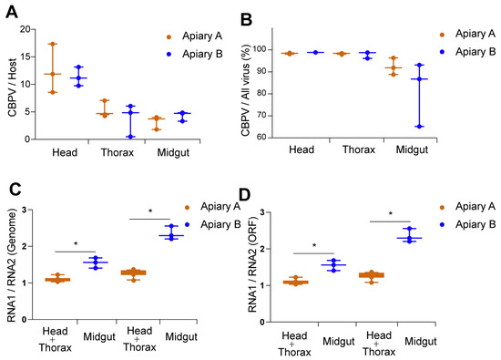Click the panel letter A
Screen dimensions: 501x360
(12, 13)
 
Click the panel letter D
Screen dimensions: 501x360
(244, 195)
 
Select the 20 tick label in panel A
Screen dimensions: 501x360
(26, 29)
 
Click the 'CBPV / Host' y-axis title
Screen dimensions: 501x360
(12, 87)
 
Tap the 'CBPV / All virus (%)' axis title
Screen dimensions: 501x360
(245, 90)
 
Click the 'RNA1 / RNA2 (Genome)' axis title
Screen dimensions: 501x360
(12, 265)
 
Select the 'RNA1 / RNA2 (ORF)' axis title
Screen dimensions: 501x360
(252, 264)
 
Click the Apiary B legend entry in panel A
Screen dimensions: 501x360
(195, 54)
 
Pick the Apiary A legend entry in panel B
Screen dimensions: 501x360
(468, 34)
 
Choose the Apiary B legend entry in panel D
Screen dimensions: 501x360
(468, 224)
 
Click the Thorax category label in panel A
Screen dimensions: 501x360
(118, 152)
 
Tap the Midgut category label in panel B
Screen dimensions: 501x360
(412, 149)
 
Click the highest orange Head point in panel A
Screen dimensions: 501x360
(53, 44)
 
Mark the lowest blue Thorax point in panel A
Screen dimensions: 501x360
(130, 137)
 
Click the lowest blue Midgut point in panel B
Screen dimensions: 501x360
(420, 127)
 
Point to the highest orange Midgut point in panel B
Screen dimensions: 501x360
(394, 58)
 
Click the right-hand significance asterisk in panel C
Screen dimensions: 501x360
(150, 211)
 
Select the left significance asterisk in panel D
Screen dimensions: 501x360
(314, 245)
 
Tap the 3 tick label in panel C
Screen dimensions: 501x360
(25, 210)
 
